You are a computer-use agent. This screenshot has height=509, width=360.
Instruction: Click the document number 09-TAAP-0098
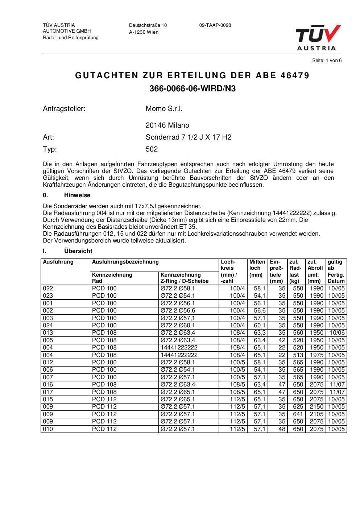tap(215, 25)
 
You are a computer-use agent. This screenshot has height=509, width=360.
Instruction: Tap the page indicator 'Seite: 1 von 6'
tap(327, 61)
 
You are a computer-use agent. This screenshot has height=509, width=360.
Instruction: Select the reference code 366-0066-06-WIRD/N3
tap(193, 88)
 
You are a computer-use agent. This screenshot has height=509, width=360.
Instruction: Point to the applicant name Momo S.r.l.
tap(164, 108)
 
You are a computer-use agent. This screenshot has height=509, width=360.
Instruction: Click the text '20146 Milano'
tap(167, 125)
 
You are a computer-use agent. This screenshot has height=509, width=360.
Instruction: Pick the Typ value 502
tap(152, 149)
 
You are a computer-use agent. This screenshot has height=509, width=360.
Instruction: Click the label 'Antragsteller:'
tap(64, 108)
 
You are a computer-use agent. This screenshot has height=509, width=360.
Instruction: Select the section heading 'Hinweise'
tap(77, 195)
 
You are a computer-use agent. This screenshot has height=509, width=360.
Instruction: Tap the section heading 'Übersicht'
tap(78, 251)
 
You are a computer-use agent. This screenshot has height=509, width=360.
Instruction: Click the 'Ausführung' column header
tap(58, 262)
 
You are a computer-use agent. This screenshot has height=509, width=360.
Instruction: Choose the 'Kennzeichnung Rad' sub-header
tap(112, 278)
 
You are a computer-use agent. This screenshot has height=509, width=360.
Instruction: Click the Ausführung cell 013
tap(48, 332)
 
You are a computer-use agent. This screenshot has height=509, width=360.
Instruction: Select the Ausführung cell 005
tap(48, 340)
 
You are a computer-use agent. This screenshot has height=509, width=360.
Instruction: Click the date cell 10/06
tap(337, 332)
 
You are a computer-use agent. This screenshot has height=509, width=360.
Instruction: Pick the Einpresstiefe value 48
tap(282, 429)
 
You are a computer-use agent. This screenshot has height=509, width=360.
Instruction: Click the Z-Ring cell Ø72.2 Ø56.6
tap(178, 310)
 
